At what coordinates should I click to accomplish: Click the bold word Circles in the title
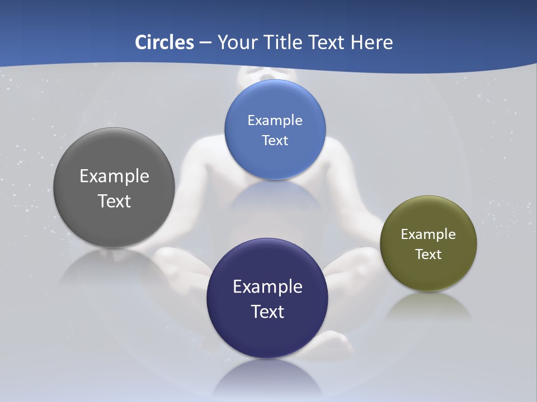point(164,42)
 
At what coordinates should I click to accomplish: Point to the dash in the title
point(205,43)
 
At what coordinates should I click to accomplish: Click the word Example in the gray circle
point(114,176)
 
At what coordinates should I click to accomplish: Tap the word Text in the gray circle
point(114,201)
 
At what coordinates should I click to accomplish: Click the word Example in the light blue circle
point(275,121)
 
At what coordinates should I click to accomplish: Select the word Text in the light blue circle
point(275,141)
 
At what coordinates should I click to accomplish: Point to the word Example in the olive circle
point(428,234)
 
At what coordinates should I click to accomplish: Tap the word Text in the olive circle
point(428,255)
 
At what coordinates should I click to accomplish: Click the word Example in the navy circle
point(267,287)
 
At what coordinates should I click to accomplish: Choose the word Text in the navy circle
point(267,312)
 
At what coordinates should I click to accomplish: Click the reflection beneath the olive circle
point(428,305)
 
